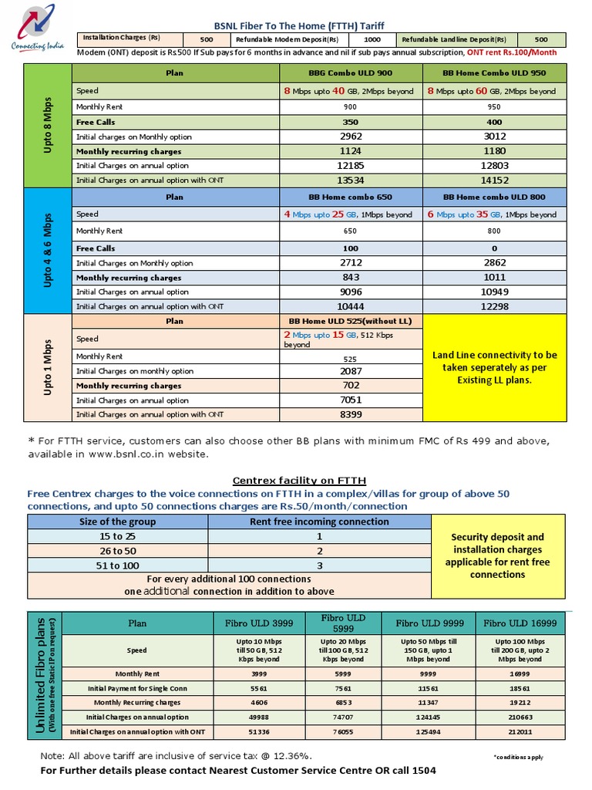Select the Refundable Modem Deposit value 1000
[x=372, y=39]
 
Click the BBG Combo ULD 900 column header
[x=351, y=73]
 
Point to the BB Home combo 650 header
[x=351, y=197]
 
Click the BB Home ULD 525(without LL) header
[x=351, y=321]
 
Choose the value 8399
[x=351, y=414]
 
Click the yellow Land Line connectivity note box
[x=493, y=367]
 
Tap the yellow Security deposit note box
[x=497, y=555]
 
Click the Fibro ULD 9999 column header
[x=432, y=623]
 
